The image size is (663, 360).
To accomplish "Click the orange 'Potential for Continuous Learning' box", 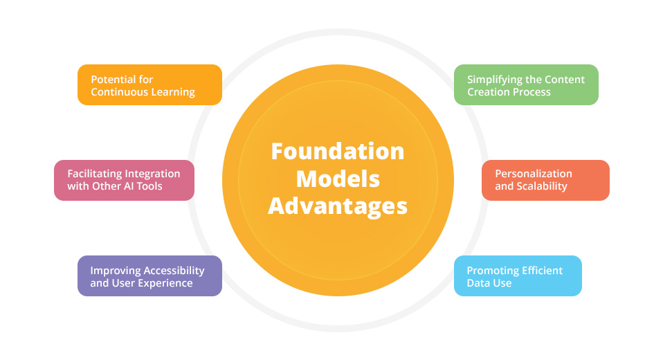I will [149, 84].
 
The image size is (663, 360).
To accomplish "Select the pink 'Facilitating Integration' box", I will [124, 180].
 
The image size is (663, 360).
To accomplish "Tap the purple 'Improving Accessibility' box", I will [149, 276].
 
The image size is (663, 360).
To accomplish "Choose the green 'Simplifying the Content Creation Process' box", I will [526, 84].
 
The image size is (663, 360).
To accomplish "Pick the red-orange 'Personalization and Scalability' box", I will [545, 180].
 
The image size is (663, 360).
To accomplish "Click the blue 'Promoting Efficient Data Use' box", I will [518, 276].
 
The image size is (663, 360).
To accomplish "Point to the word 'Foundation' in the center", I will [338, 151].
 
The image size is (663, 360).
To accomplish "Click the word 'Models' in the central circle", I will [338, 179].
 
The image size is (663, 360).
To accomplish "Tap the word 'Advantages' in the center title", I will [338, 206].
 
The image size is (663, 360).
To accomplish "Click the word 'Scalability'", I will [542, 186].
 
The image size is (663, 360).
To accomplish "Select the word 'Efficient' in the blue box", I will [539, 270].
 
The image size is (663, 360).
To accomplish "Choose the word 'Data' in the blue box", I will [479, 282].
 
